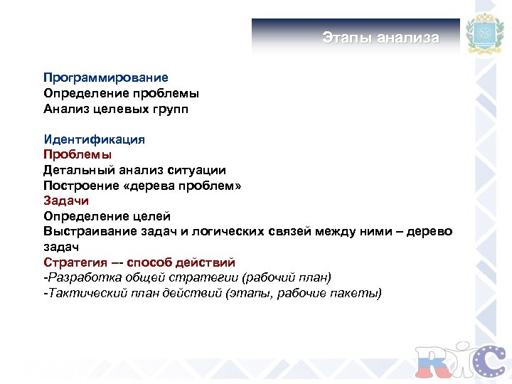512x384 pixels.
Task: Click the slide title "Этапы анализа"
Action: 380,38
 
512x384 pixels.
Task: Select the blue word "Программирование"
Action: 106,78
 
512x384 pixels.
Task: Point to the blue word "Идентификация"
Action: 94,139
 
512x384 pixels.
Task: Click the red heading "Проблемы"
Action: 78,154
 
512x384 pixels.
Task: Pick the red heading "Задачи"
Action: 66,201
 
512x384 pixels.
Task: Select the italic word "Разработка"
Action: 80,278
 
